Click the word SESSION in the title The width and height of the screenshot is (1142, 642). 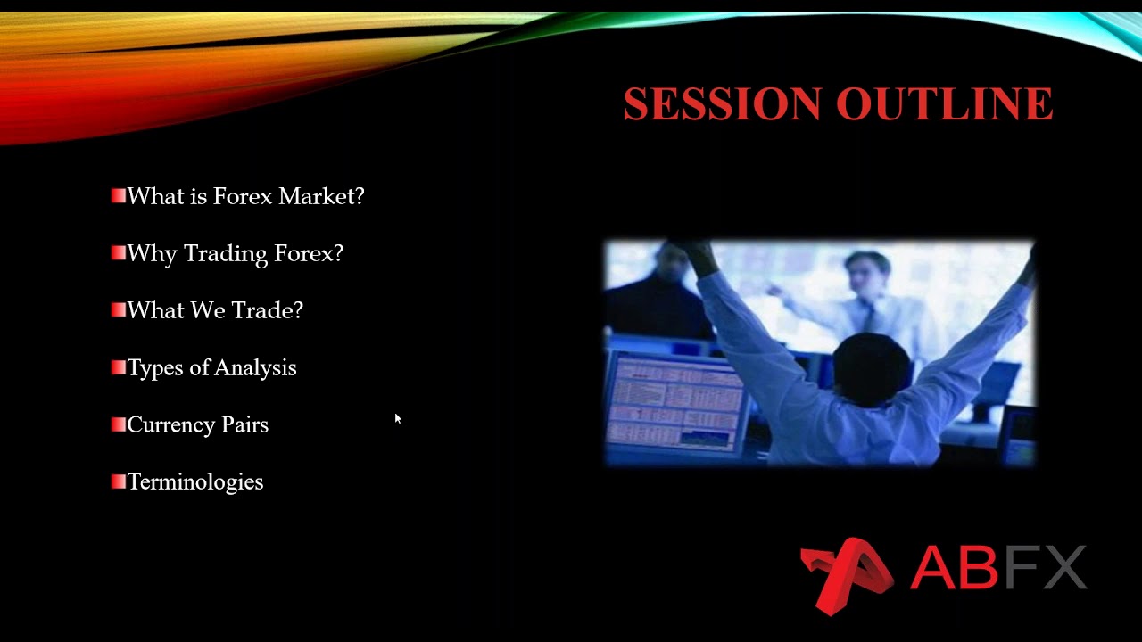722,104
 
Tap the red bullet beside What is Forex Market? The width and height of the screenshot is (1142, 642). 119,196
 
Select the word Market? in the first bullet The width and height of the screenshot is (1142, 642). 321,196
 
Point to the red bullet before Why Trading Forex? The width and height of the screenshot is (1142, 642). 119,253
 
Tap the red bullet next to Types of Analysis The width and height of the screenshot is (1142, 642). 119,367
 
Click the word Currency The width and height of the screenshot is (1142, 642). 170,425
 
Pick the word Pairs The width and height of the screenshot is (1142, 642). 244,425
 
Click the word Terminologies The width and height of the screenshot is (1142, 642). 195,482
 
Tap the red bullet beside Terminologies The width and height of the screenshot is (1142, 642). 119,481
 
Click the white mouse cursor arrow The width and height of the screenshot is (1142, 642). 398,418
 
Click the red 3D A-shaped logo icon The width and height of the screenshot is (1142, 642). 846,575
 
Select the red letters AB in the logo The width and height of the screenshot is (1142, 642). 954,568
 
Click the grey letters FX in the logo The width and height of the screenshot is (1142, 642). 1045,568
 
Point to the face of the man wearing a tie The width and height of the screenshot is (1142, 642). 867,274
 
